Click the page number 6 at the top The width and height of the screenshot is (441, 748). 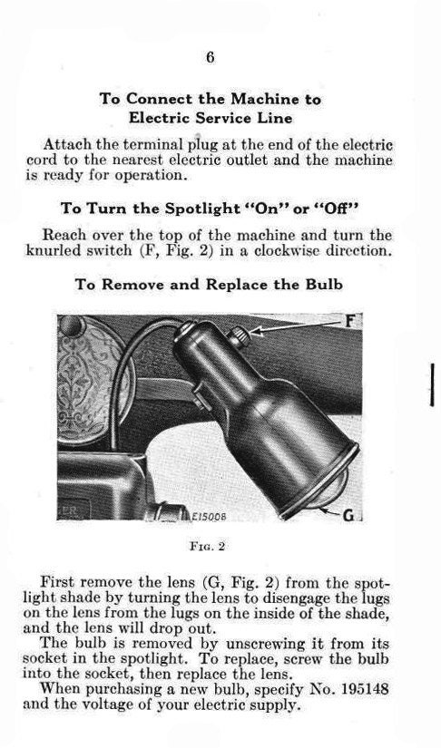coord(210,56)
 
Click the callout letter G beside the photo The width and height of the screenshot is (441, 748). coord(348,516)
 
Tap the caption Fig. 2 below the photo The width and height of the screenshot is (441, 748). coord(211,548)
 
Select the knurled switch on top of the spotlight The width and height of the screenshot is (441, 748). coord(240,337)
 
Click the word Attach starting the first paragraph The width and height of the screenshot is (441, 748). coord(65,144)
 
